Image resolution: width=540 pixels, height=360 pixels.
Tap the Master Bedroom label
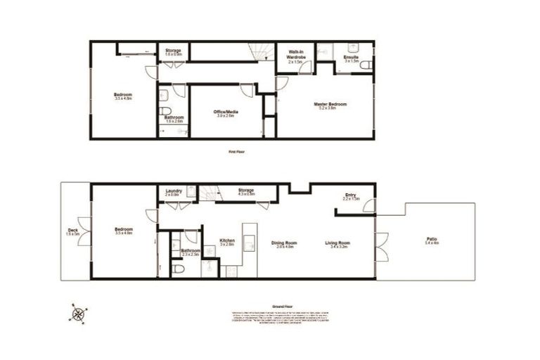click(x=324, y=105)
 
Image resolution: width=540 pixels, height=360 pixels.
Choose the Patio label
click(x=432, y=241)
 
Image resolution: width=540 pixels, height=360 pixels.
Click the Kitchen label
click(x=227, y=241)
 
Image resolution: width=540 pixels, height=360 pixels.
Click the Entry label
click(x=350, y=197)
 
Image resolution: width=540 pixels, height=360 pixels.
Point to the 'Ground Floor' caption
click(x=281, y=307)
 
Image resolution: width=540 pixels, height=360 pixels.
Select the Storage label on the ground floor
click(x=245, y=191)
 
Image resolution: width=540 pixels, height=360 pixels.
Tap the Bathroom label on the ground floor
click(x=191, y=252)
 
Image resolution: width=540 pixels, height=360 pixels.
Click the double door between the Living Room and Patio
click(x=381, y=246)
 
